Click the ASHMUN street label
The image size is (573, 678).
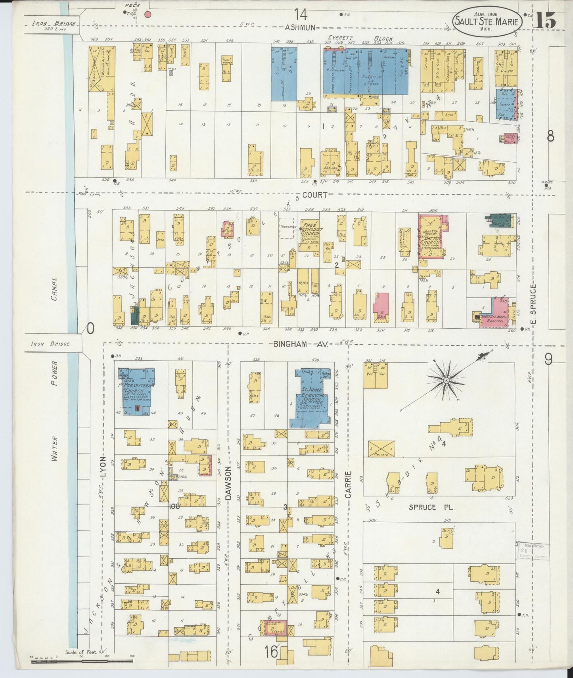(x=300, y=27)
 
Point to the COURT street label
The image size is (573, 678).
(x=316, y=195)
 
